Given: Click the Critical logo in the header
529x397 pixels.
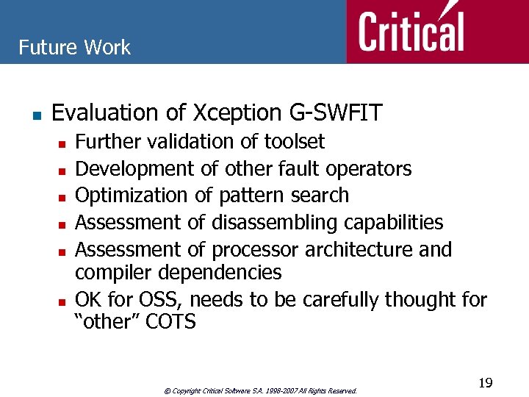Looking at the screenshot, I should point(411,31).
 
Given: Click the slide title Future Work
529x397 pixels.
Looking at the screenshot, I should point(74,48).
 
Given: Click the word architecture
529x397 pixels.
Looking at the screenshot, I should point(356,249).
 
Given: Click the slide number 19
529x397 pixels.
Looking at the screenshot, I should point(485,383).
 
